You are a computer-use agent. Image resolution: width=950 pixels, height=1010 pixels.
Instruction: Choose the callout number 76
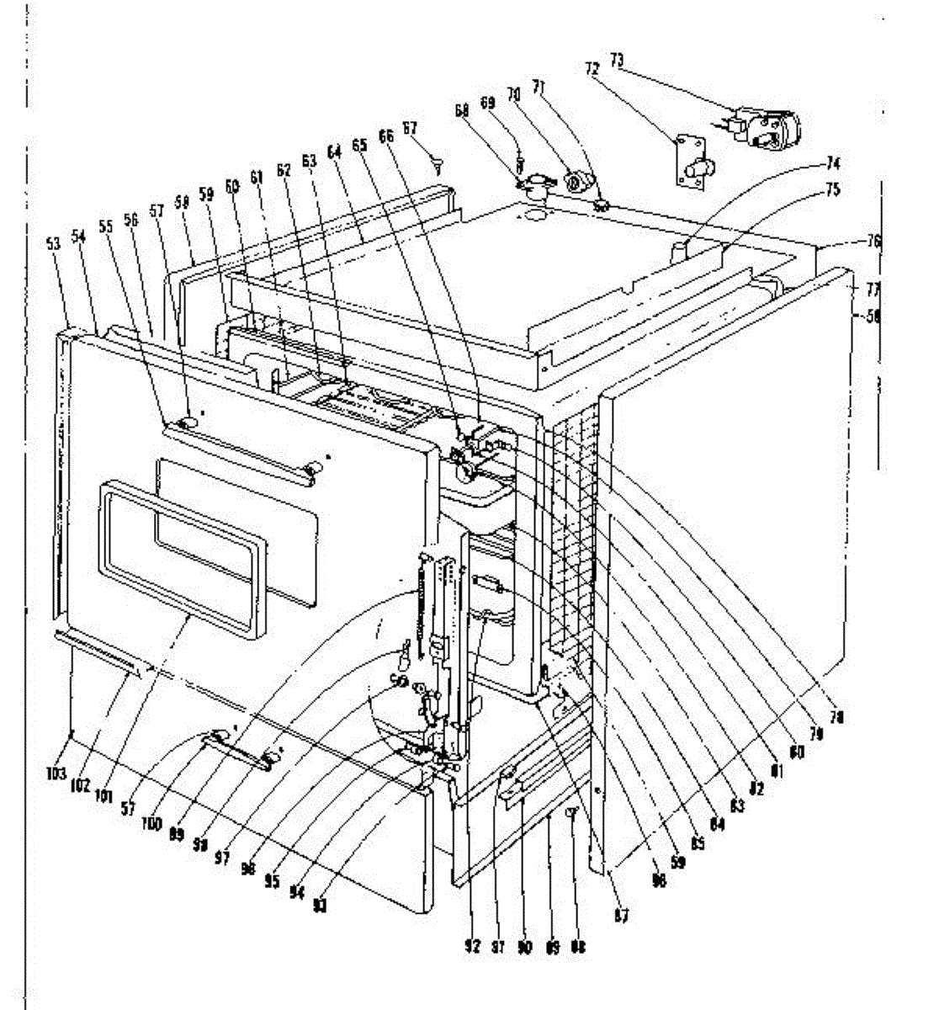point(874,242)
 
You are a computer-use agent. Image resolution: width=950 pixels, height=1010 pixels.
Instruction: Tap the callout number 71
point(539,88)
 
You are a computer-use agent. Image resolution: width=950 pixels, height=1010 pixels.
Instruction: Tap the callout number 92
point(472,946)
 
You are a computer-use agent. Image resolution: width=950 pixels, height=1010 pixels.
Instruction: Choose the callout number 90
point(524,947)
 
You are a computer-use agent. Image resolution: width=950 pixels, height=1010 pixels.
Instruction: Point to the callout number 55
point(105,226)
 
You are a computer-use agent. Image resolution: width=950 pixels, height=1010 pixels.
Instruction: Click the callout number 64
point(334,151)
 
